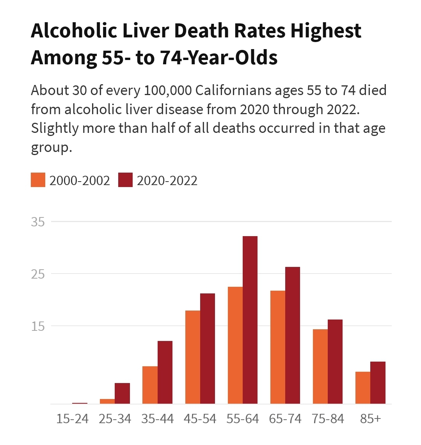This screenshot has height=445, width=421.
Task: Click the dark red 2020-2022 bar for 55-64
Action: (x=250, y=320)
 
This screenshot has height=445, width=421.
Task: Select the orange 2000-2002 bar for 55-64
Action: (x=235, y=345)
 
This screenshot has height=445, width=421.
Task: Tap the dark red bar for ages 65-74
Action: (x=293, y=335)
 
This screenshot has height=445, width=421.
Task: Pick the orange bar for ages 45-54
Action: (x=193, y=357)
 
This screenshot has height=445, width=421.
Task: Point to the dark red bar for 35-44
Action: (x=165, y=372)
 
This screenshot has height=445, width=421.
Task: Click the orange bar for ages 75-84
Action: (x=320, y=366)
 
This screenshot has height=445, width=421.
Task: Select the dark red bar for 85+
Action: (x=378, y=383)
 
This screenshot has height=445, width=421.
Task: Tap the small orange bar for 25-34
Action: (x=107, y=401)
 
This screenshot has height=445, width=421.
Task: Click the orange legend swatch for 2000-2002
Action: (x=38, y=180)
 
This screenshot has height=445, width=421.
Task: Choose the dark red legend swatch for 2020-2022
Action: (x=126, y=180)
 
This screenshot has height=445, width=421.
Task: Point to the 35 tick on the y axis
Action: (x=38, y=222)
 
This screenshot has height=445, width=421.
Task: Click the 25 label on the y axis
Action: (x=38, y=274)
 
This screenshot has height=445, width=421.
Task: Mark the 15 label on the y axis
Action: (x=38, y=326)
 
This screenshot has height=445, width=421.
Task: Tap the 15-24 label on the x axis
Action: (x=73, y=419)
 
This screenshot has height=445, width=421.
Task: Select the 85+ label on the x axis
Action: (x=370, y=419)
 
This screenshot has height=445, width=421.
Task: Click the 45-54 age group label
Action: (x=200, y=419)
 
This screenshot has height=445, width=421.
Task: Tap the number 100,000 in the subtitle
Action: (x=168, y=90)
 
